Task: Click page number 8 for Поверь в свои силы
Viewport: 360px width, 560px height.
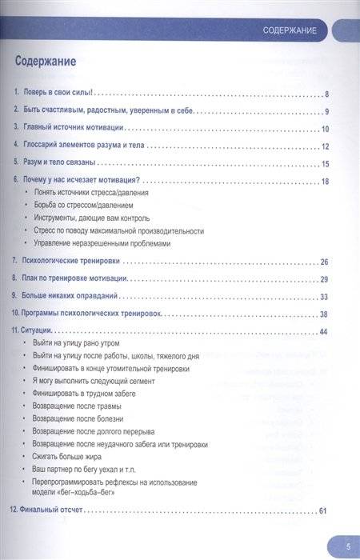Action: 327,94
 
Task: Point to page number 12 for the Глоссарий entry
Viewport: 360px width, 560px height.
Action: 325,146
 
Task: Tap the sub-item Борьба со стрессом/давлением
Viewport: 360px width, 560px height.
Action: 89,206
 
